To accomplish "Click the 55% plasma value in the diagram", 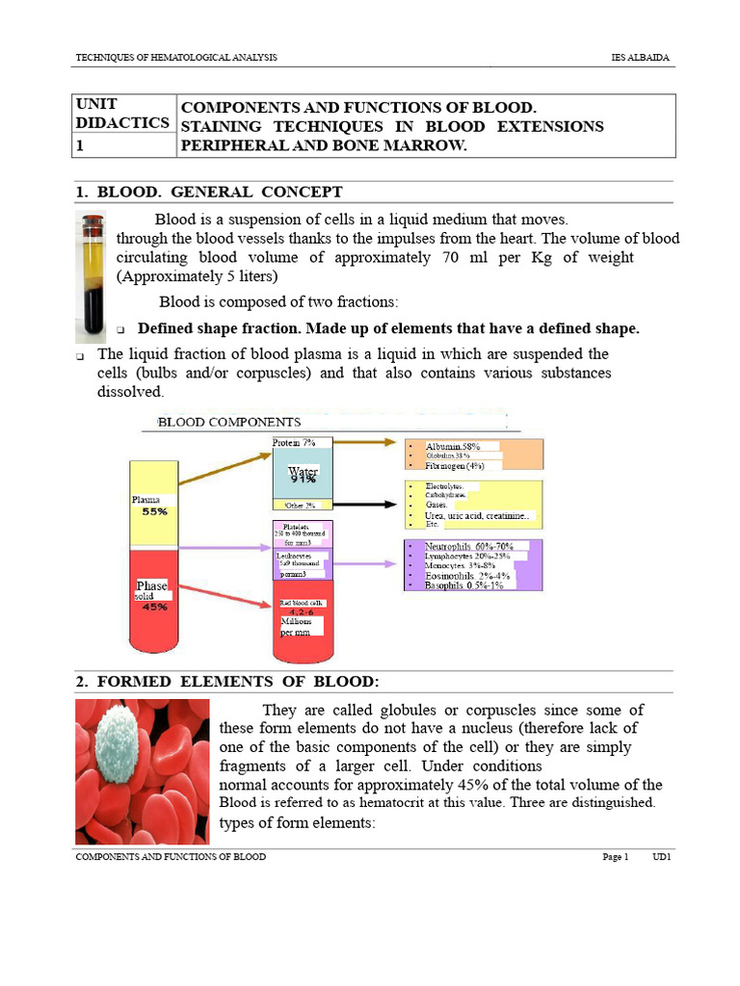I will tap(155, 512).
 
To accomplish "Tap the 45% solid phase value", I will tap(154, 607).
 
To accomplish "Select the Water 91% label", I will tap(303, 475).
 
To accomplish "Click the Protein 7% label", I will tap(294, 443).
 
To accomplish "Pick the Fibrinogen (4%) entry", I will tap(454, 465).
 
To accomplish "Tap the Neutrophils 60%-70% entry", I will tap(468, 546).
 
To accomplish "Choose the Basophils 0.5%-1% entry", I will tap(463, 585).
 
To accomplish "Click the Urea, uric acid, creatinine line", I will tap(476, 516).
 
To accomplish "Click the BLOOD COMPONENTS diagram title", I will tap(229, 422).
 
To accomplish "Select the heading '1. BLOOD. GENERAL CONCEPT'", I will tap(209, 193).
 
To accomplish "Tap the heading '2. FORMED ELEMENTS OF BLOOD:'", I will tap(227, 682).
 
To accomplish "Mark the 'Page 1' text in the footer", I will tap(615, 857).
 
